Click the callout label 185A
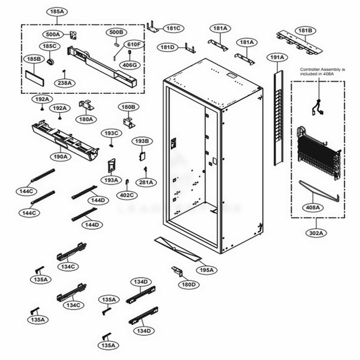57,12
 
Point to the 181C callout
173,28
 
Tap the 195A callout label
206,270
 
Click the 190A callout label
61,157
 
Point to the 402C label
127,196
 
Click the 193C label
111,134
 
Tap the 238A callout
65,83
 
